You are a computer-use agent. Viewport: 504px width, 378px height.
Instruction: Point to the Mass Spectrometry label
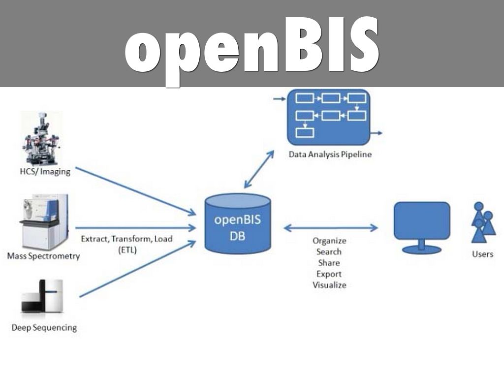pyautogui.click(x=43, y=256)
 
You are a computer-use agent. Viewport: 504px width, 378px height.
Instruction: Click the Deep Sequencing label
pyautogui.click(x=44, y=327)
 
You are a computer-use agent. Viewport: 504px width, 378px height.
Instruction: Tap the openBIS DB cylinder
pyautogui.click(x=238, y=224)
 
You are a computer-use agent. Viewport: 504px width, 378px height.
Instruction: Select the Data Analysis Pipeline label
pyautogui.click(x=330, y=155)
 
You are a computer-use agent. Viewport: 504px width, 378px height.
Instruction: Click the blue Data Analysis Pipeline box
pyautogui.click(x=328, y=117)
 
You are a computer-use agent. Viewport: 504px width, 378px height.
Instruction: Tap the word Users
pyautogui.click(x=482, y=254)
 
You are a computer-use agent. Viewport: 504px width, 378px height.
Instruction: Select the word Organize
pyautogui.click(x=329, y=241)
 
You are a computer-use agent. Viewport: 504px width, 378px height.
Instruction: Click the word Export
pyautogui.click(x=329, y=274)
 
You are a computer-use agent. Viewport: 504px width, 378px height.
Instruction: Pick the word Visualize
pyautogui.click(x=329, y=285)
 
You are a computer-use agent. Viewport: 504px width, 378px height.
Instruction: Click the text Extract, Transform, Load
pyautogui.click(x=126, y=239)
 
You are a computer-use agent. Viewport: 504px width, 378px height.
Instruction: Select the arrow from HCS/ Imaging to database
pyautogui.click(x=135, y=191)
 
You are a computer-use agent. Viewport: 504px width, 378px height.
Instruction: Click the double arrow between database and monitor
pyautogui.click(x=331, y=228)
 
